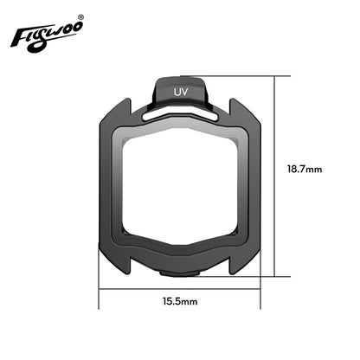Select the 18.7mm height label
tap(304, 170)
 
